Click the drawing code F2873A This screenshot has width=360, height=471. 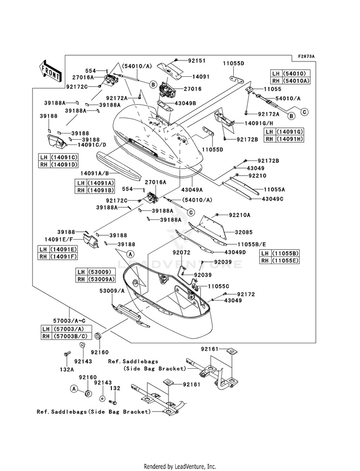pyautogui.click(x=305, y=57)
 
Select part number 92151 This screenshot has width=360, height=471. pyautogui.click(x=196, y=61)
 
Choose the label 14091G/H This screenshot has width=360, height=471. pyautogui.click(x=248, y=123)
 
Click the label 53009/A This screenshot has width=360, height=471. pyautogui.click(x=111, y=291)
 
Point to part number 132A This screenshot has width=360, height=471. pyautogui.click(x=67, y=370)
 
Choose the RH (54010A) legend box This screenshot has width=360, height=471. pyautogui.click(x=290, y=81)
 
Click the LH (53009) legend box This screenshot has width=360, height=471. pyautogui.click(x=94, y=271)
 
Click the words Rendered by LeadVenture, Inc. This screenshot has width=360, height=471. pyautogui.click(x=180, y=466)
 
